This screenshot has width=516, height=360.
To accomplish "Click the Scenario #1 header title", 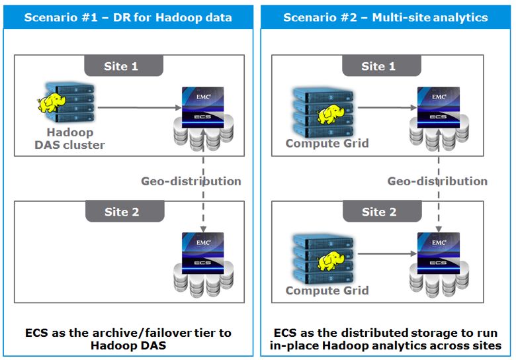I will click(128, 17).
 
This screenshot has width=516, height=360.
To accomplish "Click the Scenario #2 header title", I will click(386, 17).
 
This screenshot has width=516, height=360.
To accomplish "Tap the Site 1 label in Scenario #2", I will click(378, 66).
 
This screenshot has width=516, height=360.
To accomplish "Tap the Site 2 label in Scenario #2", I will click(378, 212).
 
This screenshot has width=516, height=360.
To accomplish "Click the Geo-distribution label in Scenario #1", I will click(191, 181).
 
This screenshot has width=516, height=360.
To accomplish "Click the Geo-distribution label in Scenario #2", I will click(437, 181).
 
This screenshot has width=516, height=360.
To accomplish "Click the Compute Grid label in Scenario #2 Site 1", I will click(327, 144).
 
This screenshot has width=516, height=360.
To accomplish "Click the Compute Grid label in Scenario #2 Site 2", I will click(327, 291).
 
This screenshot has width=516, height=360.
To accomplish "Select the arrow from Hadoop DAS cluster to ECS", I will click(138, 106).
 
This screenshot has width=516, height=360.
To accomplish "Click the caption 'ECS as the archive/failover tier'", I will click(128, 332).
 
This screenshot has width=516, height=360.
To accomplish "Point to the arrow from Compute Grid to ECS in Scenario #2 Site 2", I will click(381, 253).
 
